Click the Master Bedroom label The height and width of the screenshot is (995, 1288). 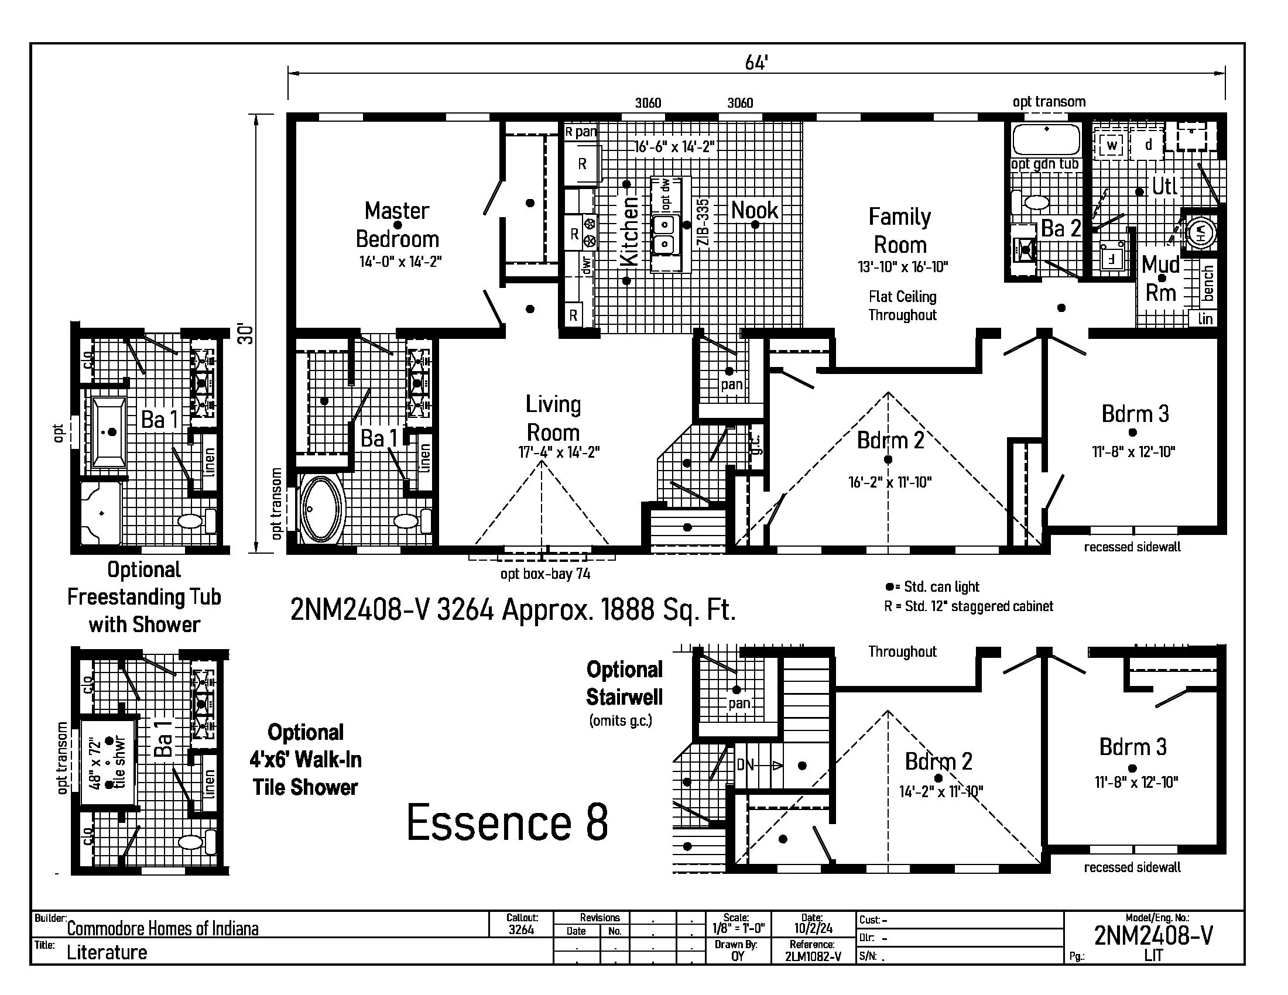398,225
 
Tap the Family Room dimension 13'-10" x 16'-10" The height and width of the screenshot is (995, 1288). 902,267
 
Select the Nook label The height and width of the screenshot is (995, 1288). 754,210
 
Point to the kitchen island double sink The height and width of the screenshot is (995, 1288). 663,235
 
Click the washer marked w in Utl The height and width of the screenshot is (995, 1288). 1112,145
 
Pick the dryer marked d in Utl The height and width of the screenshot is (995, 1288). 1147,144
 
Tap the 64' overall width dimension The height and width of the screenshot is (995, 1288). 756,63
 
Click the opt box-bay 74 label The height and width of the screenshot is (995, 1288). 545,574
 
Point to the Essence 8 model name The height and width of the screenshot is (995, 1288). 507,823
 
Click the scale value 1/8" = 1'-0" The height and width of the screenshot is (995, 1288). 738,929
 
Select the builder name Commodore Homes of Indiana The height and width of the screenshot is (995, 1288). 163,929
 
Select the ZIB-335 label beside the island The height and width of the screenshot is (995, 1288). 703,223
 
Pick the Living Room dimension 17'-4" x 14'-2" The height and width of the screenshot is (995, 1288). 559,452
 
